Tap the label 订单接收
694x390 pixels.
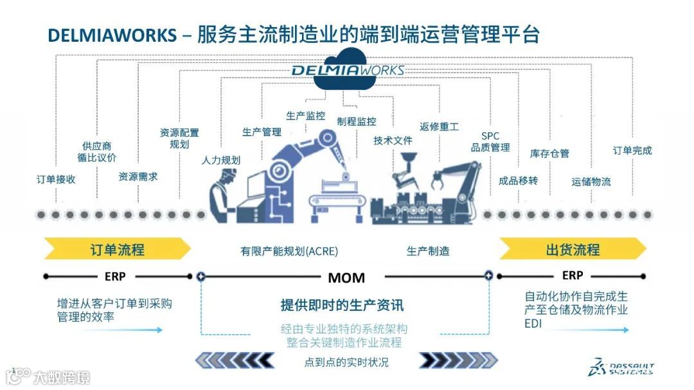click(x=56, y=179)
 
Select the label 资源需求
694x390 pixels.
click(x=138, y=176)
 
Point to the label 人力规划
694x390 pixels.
click(x=220, y=160)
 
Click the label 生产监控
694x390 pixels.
click(x=305, y=116)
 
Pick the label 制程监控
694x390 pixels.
click(x=357, y=121)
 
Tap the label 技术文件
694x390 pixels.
click(x=393, y=140)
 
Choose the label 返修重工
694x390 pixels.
click(x=439, y=127)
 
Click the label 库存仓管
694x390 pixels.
click(x=549, y=154)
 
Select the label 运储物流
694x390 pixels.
click(x=591, y=182)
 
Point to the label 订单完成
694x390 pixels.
click(x=632, y=150)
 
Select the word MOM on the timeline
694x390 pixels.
click(x=346, y=278)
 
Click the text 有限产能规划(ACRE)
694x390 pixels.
click(x=289, y=251)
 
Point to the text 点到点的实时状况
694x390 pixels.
click(x=346, y=362)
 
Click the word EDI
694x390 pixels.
click(x=533, y=324)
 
